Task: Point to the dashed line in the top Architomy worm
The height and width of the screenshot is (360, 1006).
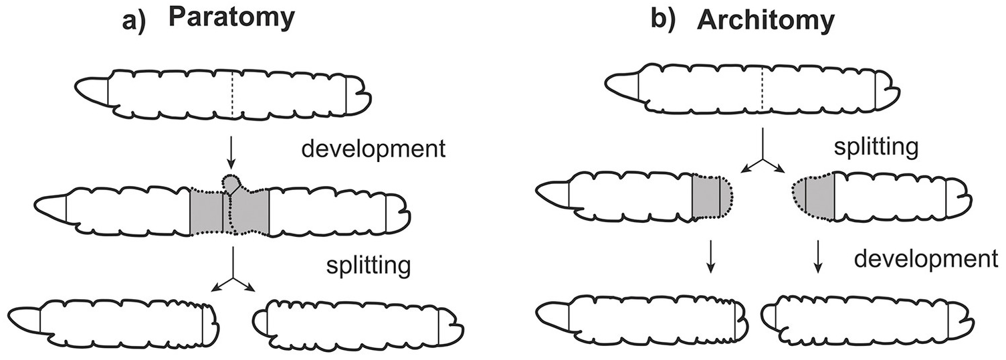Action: pyautogui.click(x=762, y=90)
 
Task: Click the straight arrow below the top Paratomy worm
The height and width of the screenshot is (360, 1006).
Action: pyautogui.click(x=230, y=153)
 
